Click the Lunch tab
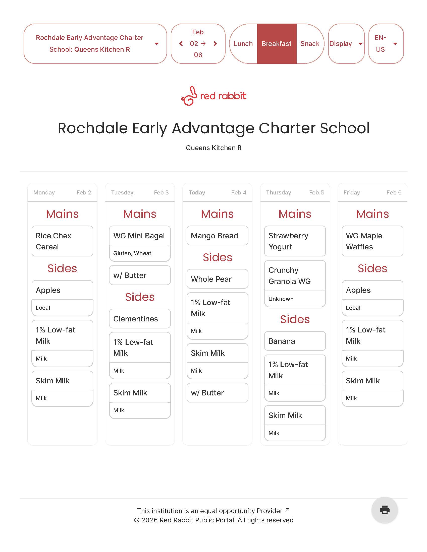pos(243,44)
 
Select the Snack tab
pos(310,44)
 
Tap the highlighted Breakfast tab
pos(277,44)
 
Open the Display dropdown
pos(346,44)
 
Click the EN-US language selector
pos(386,44)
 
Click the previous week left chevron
pos(181,44)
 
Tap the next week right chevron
pos(215,44)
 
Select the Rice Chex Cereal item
pos(62,241)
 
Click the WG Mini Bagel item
pos(140,236)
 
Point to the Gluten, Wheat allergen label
pos(132,253)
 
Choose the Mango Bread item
pos(217,236)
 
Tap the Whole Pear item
pos(217,279)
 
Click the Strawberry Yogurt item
pos(295,241)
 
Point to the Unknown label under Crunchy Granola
pos(281,299)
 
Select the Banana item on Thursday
pos(295,341)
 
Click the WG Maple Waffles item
pos(372,241)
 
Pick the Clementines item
pos(140,319)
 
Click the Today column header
pos(217,193)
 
